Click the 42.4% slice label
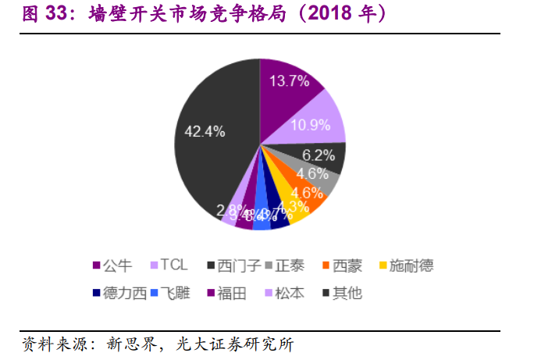204,131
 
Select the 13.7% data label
290,81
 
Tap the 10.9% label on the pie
311,125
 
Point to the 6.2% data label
319,155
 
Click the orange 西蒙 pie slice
312,201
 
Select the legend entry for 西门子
234,267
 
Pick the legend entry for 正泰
294,267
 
